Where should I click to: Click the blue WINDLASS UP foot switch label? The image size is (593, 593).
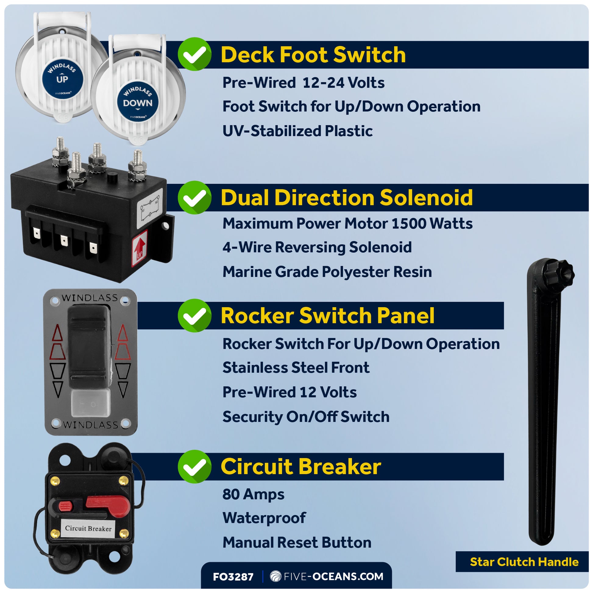pos(62,79)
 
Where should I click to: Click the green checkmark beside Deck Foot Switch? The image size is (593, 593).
pos(195,54)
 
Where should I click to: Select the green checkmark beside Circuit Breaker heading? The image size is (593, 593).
pos(195,467)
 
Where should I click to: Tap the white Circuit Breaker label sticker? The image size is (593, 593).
pos(88,528)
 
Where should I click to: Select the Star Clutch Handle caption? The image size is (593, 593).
pos(524,562)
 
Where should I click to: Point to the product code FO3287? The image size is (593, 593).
pos(233,577)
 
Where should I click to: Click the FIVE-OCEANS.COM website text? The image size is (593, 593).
pos(333,577)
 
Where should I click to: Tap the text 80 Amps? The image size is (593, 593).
pos(253,494)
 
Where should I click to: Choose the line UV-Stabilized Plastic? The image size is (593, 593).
pos(297,131)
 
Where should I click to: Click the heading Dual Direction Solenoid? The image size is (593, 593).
pos(346,197)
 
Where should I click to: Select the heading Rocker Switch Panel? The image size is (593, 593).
pos(328,315)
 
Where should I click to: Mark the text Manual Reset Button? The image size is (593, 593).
pos(297,543)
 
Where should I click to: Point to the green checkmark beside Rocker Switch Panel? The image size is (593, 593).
pos(195,315)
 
